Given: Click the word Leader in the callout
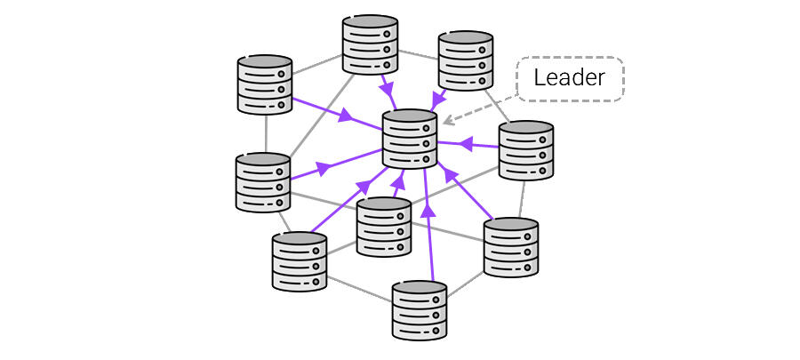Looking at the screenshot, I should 570,77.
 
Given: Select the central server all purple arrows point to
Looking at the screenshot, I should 410,139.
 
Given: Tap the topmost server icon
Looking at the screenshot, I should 370,44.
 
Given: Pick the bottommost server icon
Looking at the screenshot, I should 420,310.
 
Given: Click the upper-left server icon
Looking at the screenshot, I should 265,85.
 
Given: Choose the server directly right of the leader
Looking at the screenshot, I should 525,151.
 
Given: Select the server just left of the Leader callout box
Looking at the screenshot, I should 466,60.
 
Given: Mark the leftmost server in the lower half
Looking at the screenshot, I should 263,182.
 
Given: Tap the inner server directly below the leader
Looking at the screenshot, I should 383,228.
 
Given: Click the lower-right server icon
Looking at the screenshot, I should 511,246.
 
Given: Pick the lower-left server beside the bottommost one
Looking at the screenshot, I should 300,261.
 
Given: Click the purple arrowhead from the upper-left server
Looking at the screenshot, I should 345,116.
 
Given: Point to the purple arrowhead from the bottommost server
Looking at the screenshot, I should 428,212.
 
